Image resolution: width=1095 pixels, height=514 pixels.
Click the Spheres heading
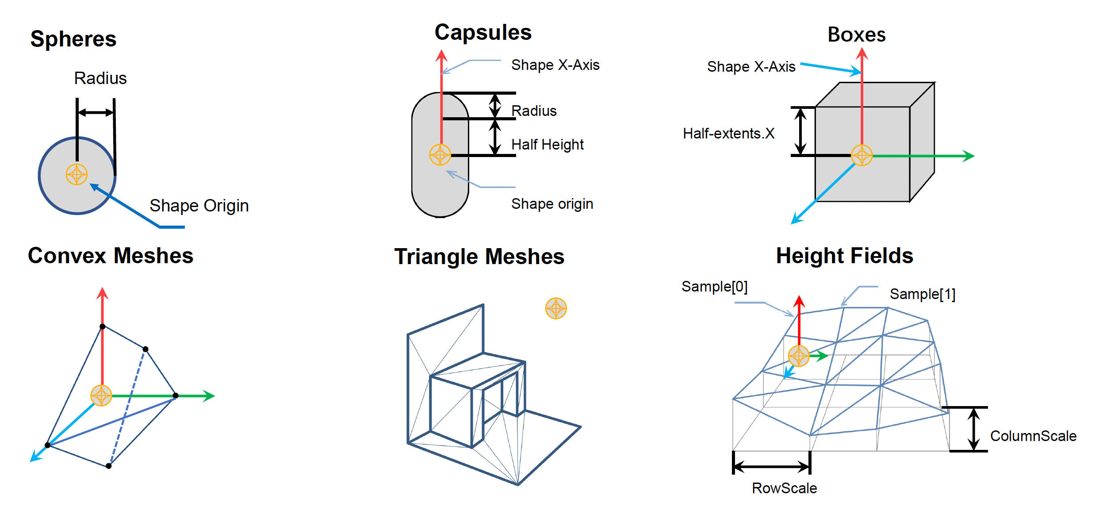[73, 39]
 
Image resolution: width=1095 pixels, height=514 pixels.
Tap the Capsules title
[483, 32]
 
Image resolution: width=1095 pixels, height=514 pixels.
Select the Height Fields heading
[844, 256]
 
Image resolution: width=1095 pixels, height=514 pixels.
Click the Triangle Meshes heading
[479, 257]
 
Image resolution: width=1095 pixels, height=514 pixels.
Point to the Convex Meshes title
[111, 256]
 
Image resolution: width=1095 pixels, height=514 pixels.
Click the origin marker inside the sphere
[77, 174]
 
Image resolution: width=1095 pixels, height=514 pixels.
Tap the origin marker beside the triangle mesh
[556, 308]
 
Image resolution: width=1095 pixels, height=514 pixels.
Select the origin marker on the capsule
[440, 155]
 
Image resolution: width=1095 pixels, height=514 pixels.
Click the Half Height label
[547, 145]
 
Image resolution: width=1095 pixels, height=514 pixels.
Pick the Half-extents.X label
[728, 134]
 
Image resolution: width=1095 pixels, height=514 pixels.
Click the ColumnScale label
[1033, 436]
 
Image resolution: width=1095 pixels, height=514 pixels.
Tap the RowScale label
[784, 488]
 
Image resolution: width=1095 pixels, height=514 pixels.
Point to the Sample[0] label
[714, 287]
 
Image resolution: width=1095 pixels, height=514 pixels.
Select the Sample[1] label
[923, 294]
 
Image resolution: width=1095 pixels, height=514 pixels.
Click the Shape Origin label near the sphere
[199, 206]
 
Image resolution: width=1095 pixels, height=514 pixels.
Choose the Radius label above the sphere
[100, 78]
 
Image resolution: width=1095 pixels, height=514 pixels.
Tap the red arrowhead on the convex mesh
[103, 293]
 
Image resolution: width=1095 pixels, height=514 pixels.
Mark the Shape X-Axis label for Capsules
[555, 65]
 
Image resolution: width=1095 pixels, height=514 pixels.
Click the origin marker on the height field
[799, 356]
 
